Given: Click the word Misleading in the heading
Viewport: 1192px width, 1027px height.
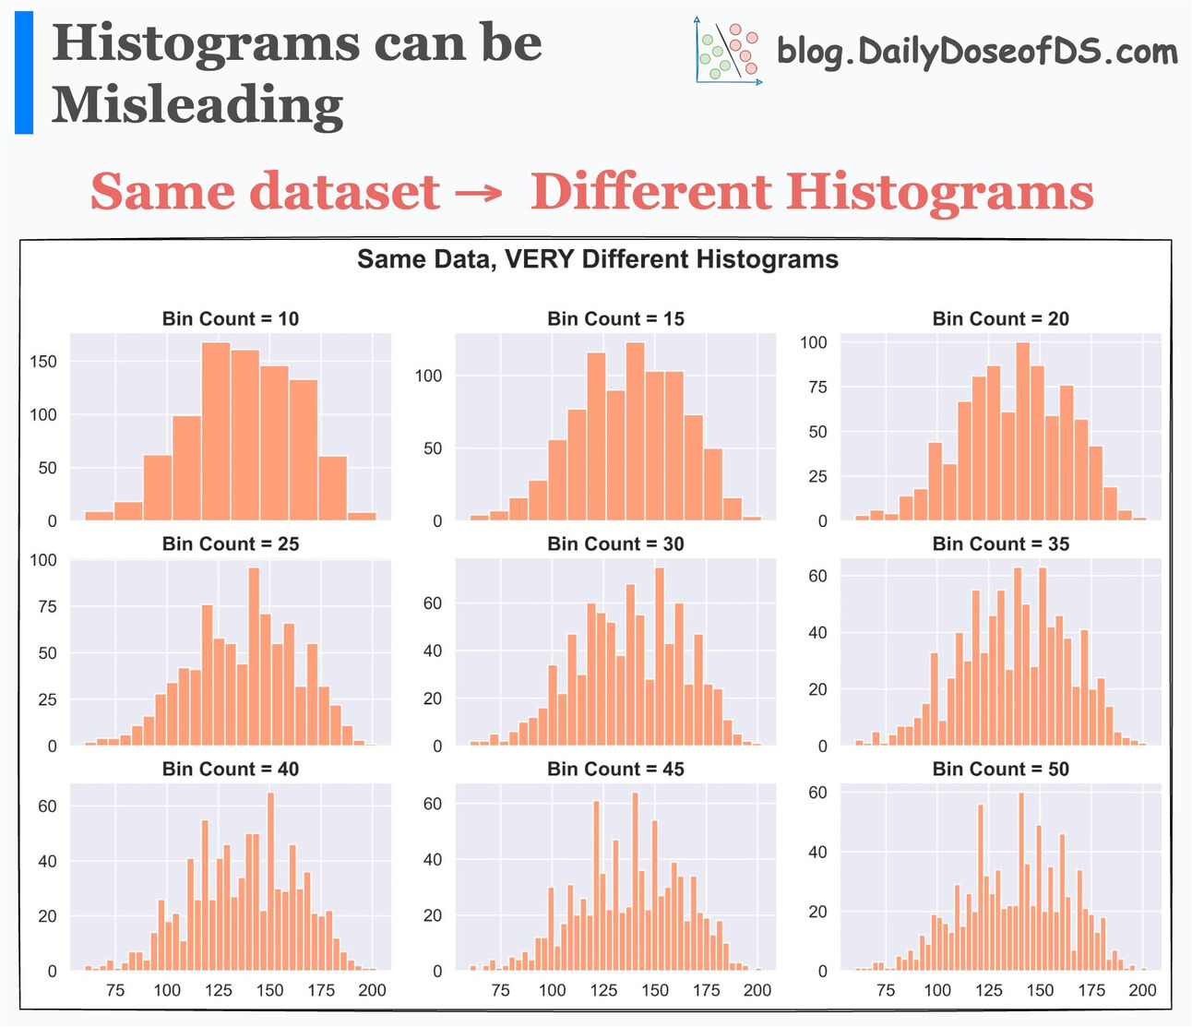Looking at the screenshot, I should pos(197,105).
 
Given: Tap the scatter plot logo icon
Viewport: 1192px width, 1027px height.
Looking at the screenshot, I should pos(728,52).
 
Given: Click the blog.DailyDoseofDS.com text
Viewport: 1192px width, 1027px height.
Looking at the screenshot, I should pos(977,52).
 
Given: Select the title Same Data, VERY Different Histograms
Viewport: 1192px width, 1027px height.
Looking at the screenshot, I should pos(598,259).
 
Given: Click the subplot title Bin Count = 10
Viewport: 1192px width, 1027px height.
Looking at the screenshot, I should pos(231,319).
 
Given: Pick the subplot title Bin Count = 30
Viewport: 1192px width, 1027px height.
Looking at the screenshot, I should pos(615,544).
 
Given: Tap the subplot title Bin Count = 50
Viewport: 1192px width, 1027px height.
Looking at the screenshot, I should pos(1000,770).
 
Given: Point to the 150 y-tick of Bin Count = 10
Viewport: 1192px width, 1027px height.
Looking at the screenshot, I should pos(43,362).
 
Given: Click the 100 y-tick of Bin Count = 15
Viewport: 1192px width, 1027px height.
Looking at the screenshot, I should pos(428,376).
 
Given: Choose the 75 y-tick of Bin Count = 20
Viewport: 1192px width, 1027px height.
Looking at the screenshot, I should pos(817,388).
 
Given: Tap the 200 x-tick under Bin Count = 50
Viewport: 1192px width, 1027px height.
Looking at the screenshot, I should pos(1142,990).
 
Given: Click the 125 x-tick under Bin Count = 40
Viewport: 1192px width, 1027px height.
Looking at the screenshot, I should pos(219,990).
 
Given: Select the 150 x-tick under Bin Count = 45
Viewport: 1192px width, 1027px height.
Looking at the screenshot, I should pos(655,990).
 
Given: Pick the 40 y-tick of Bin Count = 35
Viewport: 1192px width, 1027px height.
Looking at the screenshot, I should pos(817,633).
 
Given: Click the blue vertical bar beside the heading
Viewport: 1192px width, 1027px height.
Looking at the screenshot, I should pos(24,73).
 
